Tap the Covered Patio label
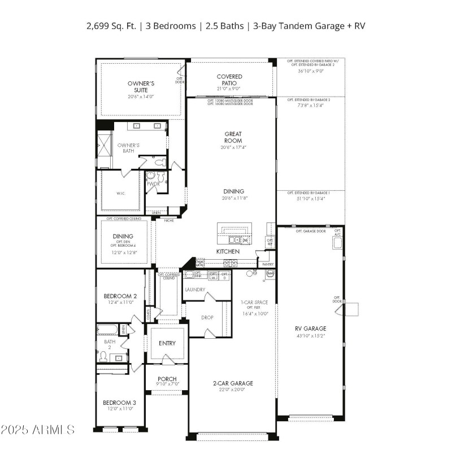click(x=229, y=80)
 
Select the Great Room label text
click(x=233, y=137)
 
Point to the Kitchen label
click(x=228, y=251)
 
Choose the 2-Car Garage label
click(x=233, y=383)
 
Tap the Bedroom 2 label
click(x=120, y=296)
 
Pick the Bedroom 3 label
click(x=119, y=403)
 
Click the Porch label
click(x=167, y=379)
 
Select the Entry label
click(x=167, y=343)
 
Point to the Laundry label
click(x=194, y=290)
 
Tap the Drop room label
click(x=207, y=317)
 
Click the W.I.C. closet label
click(x=121, y=193)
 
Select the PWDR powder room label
click(x=153, y=184)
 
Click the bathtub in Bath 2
click(x=107, y=329)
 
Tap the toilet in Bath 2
click(x=102, y=356)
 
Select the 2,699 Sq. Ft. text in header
click(x=111, y=26)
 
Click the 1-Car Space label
click(x=254, y=302)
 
